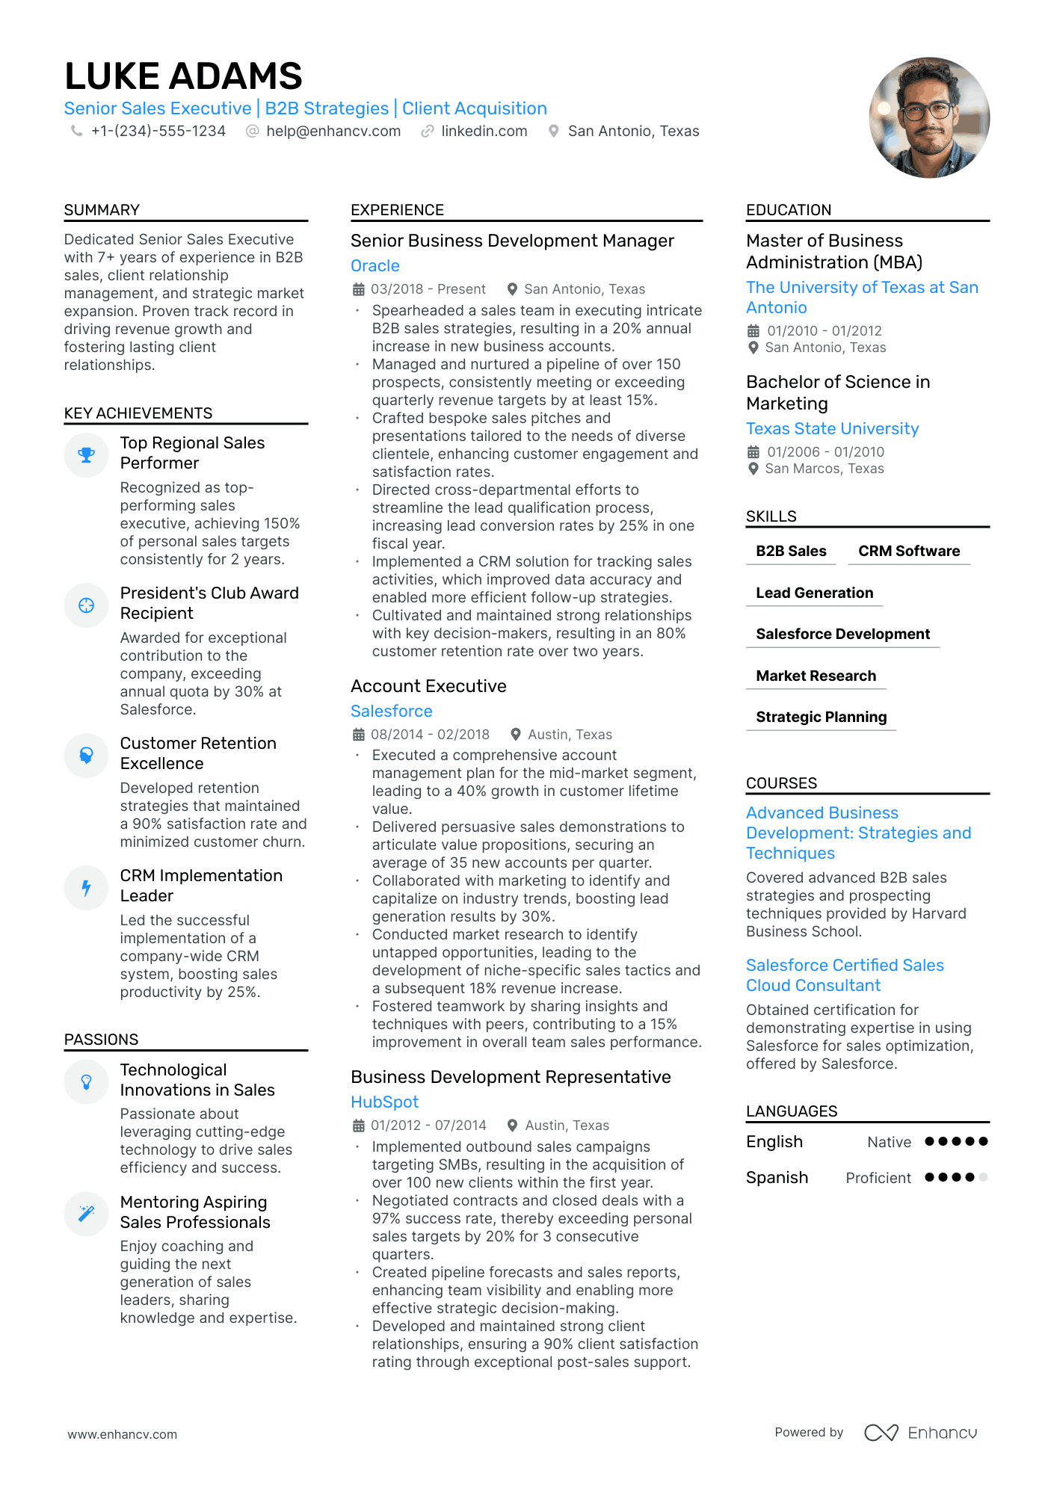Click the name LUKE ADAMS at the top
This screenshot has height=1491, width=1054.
[x=183, y=76]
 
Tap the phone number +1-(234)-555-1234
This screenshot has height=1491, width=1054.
[x=158, y=132]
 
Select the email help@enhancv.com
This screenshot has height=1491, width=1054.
[x=333, y=132]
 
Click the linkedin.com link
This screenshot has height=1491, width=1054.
[x=484, y=132]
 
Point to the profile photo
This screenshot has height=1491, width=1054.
[x=928, y=118]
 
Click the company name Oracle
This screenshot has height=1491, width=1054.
[x=375, y=266]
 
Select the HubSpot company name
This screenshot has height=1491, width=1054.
[x=384, y=1102]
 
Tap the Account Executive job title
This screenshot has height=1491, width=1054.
[x=428, y=686]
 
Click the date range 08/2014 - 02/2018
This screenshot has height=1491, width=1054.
[x=430, y=735]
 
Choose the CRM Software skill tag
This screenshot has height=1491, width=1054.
[x=908, y=552]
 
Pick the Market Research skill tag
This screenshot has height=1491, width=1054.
[x=816, y=676]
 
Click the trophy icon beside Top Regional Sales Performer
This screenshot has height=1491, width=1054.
[x=87, y=455]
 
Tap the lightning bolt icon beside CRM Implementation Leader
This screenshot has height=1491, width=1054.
[x=87, y=888]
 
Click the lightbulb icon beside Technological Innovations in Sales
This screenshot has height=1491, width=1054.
[x=87, y=1082]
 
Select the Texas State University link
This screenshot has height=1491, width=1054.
[x=832, y=429]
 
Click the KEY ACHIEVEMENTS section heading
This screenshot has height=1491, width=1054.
[x=138, y=413]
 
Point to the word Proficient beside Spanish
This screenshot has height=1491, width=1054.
[x=878, y=1178]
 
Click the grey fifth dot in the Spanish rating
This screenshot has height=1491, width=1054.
[x=983, y=1177]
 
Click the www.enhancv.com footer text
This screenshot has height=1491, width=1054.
[x=123, y=1435]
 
